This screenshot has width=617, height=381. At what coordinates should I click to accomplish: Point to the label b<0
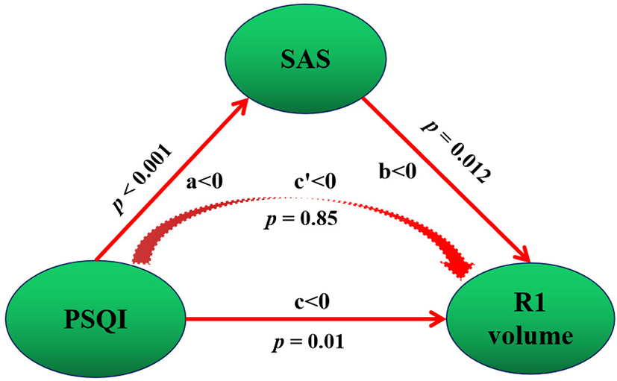(396, 172)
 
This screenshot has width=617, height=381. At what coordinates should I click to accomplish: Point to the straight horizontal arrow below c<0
(313, 321)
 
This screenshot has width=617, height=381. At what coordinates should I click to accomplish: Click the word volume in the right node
(532, 336)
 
